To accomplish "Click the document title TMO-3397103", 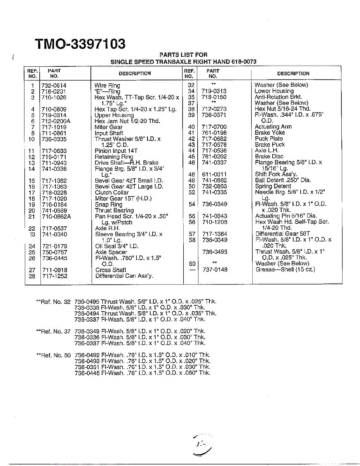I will tap(80, 44).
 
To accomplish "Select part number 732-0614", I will tap(54, 85).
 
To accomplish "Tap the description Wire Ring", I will tap(107, 85).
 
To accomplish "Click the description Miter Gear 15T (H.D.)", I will tap(123, 198).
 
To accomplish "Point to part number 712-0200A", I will tap(56, 121).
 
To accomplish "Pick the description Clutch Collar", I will tap(111, 193).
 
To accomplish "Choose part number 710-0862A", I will tap(56, 216).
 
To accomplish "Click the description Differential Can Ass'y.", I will tap(124, 276).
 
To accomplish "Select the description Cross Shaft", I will tap(111, 270).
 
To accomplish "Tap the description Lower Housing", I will tap(274, 91).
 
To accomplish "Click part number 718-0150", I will tap(214, 97).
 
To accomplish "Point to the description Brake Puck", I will tap(270, 144).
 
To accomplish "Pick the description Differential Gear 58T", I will tap(282, 234).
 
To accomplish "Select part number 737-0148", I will tap(215, 270).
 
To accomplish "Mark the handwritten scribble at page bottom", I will tap(203, 445).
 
